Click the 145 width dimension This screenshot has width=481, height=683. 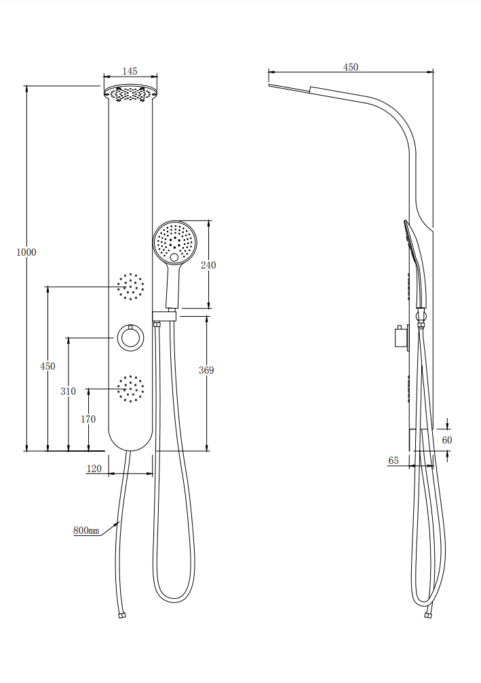tap(130, 71)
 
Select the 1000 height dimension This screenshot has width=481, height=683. tap(26, 252)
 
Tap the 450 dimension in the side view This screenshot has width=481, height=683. tap(350, 67)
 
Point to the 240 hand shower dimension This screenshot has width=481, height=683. tap(208, 265)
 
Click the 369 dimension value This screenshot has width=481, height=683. tap(206, 370)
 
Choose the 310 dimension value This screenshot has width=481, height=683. tap(68, 391)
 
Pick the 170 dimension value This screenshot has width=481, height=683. tap(88, 419)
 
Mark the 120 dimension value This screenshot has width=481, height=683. tap(94, 469)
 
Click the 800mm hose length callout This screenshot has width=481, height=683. tap(86, 530)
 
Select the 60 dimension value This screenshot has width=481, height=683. tap(447, 440)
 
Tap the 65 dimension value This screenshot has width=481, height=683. tap(393, 461)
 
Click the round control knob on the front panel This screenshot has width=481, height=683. tap(130, 338)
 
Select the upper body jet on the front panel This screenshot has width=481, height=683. tap(130, 287)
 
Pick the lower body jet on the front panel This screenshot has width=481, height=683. tap(130, 389)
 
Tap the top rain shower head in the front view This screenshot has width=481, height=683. tap(130, 93)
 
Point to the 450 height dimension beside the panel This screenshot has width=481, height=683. tap(47, 366)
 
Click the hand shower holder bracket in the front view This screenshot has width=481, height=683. tap(164, 315)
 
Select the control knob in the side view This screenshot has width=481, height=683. tap(399, 336)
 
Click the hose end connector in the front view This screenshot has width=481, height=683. tap(121, 616)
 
